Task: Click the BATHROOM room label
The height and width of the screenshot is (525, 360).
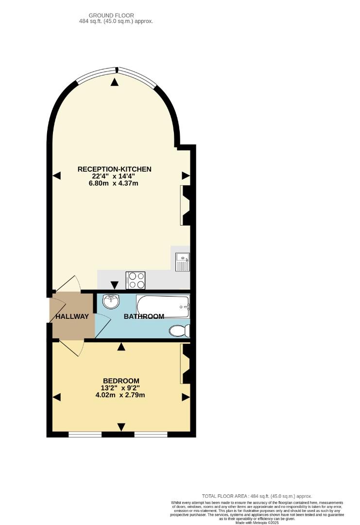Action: tap(144, 316)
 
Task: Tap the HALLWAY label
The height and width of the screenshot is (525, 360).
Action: tap(72, 316)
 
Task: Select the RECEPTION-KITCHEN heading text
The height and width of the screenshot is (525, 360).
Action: tap(115, 169)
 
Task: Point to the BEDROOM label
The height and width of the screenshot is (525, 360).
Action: tap(121, 381)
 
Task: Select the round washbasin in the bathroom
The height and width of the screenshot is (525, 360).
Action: tap(111, 301)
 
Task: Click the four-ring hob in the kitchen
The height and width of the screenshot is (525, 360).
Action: tap(136, 280)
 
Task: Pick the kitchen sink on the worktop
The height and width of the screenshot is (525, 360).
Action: tap(183, 262)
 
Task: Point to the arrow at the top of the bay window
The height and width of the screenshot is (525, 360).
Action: tap(115, 82)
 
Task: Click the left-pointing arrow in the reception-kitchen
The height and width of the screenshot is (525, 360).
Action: tap(57, 175)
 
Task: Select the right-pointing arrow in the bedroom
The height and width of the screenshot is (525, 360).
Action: tap(185, 398)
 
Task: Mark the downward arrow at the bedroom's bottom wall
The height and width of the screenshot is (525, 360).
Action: tap(121, 427)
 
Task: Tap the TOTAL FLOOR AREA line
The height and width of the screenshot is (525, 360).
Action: tap(257, 496)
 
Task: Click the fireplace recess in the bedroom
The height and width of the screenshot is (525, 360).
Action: tap(185, 364)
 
